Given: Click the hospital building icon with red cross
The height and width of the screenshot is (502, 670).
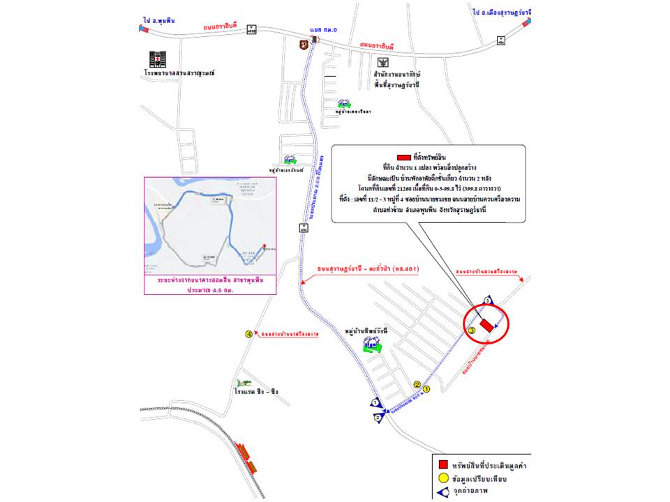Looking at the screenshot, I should [x=157, y=59].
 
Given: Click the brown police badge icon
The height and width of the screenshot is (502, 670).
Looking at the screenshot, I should [x=303, y=45].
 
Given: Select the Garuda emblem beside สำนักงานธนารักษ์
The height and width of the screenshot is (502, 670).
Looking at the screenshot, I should [x=381, y=62].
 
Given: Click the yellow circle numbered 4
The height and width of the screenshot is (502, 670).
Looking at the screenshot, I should [x=248, y=334].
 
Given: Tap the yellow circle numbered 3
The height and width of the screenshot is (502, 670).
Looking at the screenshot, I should [x=472, y=330].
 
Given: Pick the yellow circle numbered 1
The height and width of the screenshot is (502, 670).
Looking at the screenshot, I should [x=427, y=391].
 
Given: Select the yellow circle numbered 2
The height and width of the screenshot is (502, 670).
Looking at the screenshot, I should [x=417, y=384].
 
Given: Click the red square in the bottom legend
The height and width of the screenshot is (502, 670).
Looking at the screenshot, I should [x=442, y=465].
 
